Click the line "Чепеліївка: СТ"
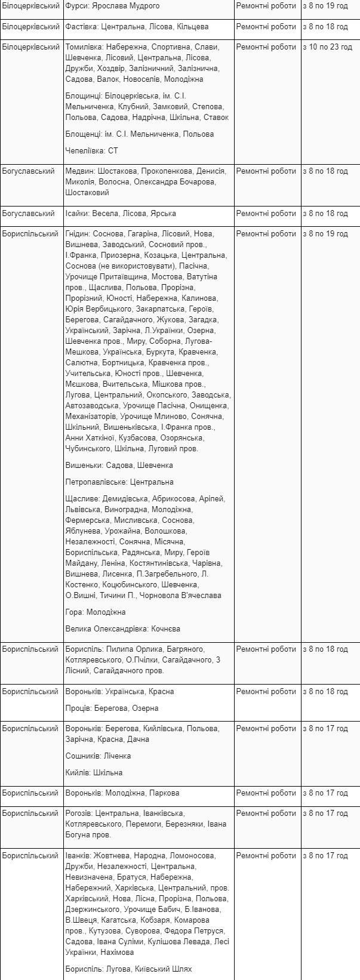click(91, 151)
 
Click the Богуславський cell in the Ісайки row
click(30, 214)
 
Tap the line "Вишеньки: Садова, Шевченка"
click(119, 466)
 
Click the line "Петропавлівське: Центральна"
click(119, 482)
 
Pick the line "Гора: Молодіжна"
click(96, 612)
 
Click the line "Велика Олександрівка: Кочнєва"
click(122, 629)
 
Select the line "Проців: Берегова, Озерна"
click(112, 708)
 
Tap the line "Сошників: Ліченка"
click(98, 756)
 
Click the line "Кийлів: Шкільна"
click(94, 773)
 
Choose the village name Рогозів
click(79, 813)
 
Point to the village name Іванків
click(78, 856)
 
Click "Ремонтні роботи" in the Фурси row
click(266, 6)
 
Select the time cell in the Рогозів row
click(325, 813)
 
